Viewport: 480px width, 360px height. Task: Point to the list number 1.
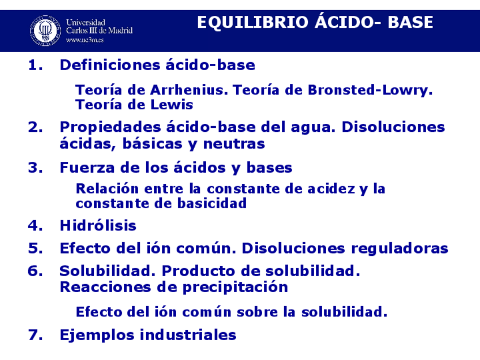point(35,66)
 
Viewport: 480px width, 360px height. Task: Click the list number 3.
point(35,168)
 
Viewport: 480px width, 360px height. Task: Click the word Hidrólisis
point(98,226)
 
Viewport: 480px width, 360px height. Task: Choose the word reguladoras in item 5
point(400,248)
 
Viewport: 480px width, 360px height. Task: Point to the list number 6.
point(35,271)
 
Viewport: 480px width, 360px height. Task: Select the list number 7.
point(35,335)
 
